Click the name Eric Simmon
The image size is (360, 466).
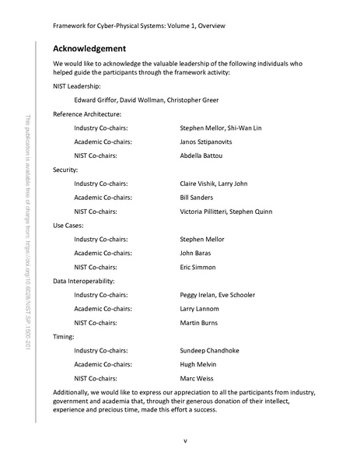[197, 267]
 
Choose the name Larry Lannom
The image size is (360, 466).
[201, 309]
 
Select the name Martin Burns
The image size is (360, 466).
[200, 323]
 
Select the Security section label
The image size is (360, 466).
[65, 170]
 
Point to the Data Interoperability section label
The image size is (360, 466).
[83, 281]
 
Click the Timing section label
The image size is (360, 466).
[63, 336]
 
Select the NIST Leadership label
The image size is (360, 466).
[75, 86]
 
